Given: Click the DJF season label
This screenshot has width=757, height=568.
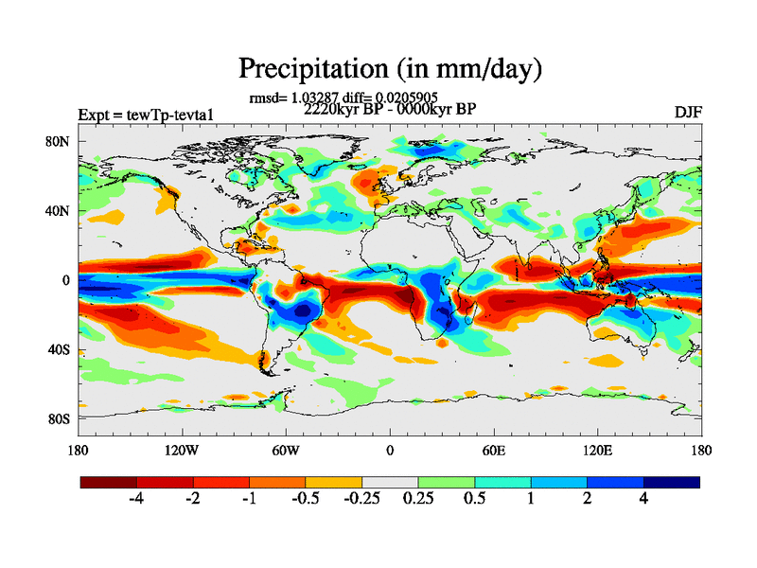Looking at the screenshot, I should [688, 112].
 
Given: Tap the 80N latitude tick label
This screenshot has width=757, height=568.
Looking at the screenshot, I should [60, 142].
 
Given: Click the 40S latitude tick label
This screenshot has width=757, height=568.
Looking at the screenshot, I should [60, 349].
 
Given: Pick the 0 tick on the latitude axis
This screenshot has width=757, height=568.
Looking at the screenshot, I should [67, 280].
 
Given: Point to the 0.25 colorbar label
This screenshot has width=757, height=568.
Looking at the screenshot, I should [418, 499].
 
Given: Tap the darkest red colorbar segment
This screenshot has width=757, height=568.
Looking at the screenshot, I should [109, 482].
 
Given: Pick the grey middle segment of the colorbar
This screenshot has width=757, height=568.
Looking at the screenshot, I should [390, 482].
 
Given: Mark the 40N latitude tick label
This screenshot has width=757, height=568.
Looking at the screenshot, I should [60, 211].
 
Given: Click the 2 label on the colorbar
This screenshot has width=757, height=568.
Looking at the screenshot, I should [587, 499].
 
